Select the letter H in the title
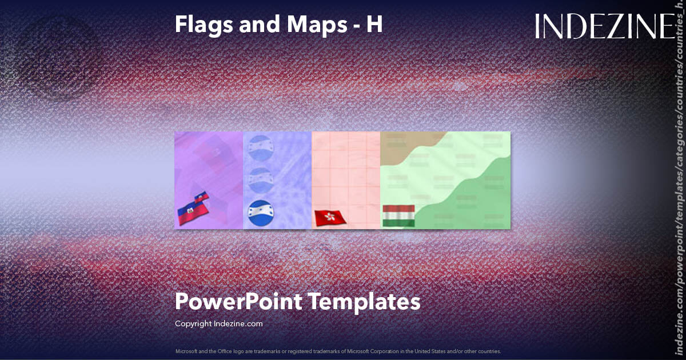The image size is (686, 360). [374, 25]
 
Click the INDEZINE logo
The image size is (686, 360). [605, 27]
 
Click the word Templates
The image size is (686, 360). [365, 301]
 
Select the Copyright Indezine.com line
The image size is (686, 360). [218, 323]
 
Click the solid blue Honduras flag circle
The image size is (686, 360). [261, 212]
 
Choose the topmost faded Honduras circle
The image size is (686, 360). [261, 147]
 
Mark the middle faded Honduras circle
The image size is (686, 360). [261, 179]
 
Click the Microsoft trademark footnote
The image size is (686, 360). [338, 351]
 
